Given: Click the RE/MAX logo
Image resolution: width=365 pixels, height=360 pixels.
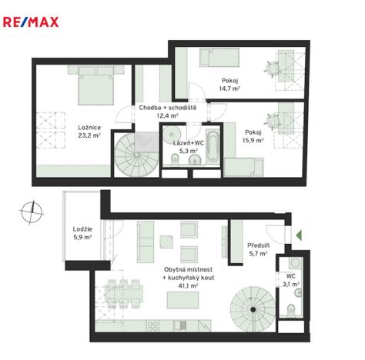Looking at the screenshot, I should tap(32, 22).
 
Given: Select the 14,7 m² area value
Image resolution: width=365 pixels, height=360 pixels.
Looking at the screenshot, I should tap(228, 89).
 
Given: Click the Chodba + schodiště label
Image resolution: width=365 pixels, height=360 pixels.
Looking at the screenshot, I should tap(168, 107).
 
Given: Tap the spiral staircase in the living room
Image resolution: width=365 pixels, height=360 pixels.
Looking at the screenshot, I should tap(252, 305).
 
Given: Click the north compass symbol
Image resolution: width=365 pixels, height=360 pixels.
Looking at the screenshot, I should tap(32, 208).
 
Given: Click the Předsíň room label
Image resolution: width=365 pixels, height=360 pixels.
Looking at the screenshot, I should tap(257, 246).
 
